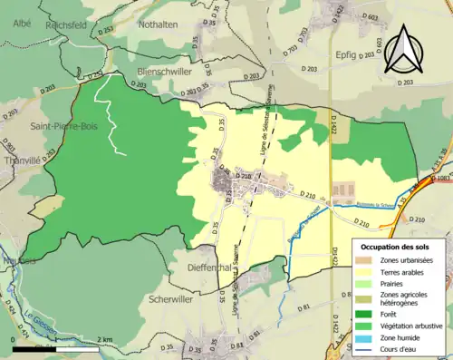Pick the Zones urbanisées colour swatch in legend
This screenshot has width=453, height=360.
point(362,261)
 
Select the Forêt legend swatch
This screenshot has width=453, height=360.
point(362,315)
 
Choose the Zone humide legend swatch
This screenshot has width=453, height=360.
point(362,337)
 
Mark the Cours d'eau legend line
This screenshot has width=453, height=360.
point(362,349)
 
